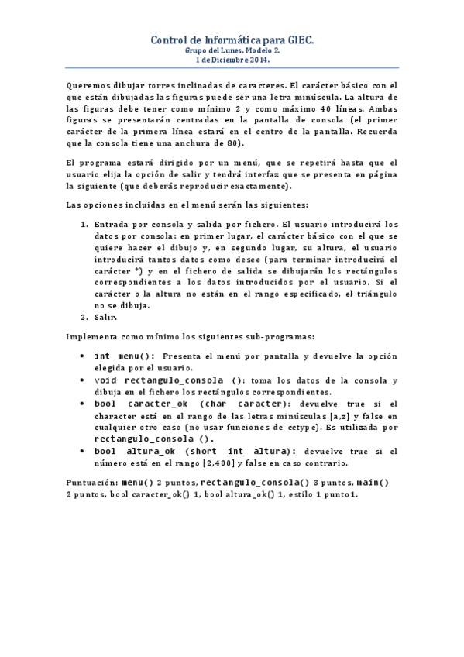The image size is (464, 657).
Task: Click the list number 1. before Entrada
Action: [x=84, y=224]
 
